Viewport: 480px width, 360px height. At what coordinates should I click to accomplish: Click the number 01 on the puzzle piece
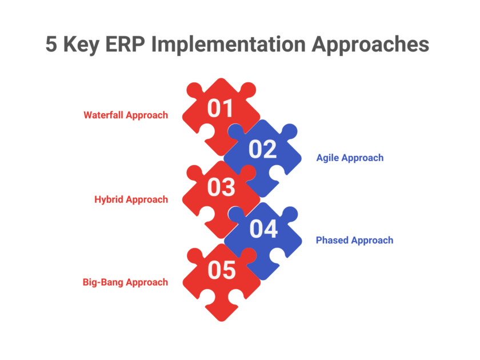[221, 108]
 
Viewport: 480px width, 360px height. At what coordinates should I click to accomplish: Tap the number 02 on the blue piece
[263, 149]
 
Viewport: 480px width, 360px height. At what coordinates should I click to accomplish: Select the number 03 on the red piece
[221, 188]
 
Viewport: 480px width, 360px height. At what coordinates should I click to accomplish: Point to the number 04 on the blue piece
[263, 229]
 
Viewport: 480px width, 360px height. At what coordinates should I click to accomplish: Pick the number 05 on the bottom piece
[221, 270]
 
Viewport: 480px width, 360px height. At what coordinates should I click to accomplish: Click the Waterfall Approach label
[126, 115]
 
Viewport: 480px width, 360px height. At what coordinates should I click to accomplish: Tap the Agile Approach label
[350, 158]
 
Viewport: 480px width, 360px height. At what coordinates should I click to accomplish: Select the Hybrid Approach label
[131, 199]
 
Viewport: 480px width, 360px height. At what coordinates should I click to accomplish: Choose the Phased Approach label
[354, 240]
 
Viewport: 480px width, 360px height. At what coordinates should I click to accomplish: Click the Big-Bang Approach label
[125, 282]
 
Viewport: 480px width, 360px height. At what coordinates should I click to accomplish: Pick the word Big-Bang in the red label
[103, 282]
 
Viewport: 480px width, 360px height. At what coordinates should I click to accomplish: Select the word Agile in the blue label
[327, 158]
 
